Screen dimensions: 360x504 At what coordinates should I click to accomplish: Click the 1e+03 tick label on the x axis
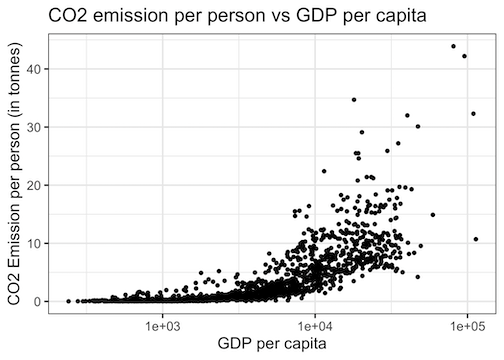(x=162, y=326)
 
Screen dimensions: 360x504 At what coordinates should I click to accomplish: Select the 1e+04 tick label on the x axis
(x=315, y=326)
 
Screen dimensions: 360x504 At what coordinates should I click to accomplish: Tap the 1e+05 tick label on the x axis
(x=468, y=326)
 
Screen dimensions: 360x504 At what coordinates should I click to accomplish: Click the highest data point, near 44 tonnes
(x=453, y=46)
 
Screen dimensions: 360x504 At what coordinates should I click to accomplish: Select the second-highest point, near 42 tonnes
(x=464, y=56)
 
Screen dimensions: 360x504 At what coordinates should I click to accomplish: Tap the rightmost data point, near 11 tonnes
(x=476, y=239)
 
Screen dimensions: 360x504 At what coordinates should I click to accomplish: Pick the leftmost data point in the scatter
(x=68, y=300)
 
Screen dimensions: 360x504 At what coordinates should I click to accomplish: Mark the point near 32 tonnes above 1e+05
(x=473, y=114)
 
